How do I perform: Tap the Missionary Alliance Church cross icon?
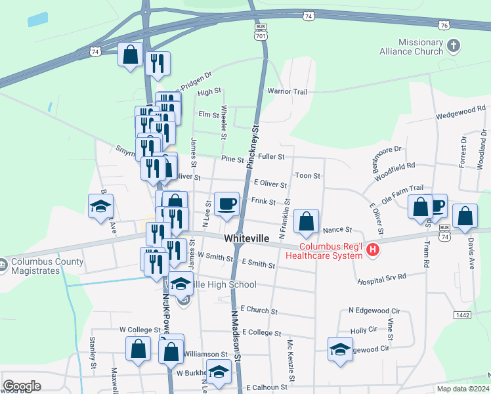pyautogui.click(x=454, y=45)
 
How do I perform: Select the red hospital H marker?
pyautogui.click(x=373, y=250)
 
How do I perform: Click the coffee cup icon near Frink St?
pyautogui.click(x=227, y=203)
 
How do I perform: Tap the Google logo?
pyautogui.click(x=22, y=386)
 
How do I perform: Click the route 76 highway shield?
pyautogui.click(x=444, y=24)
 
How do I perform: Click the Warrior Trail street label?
pyautogui.click(x=287, y=91)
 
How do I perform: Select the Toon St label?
pyautogui.click(x=307, y=176)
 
